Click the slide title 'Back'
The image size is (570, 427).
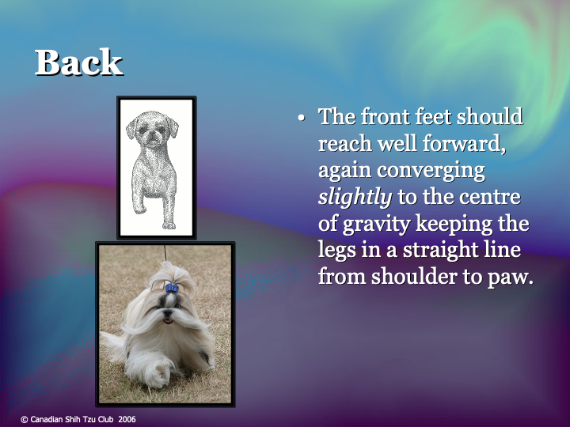(78, 63)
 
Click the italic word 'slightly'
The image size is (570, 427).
(355, 197)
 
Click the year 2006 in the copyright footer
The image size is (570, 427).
(127, 419)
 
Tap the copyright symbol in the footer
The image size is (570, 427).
(24, 419)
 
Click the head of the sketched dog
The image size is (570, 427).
(152, 128)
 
